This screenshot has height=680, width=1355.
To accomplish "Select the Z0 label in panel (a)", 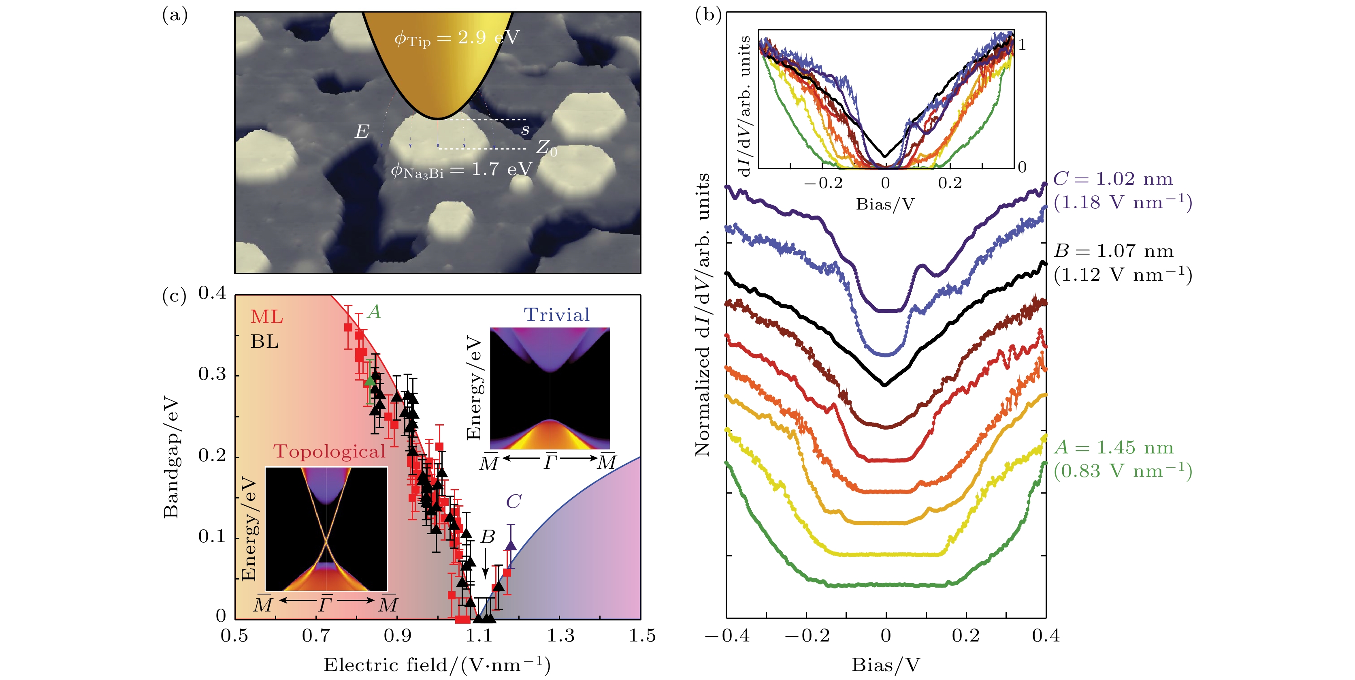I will coord(546,148).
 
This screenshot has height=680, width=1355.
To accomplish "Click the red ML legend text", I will coord(267,317).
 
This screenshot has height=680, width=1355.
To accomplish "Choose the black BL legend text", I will coord(264,342).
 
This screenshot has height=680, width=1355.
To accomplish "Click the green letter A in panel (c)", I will coord(374,312).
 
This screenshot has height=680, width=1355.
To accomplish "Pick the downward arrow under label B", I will coord(486,566).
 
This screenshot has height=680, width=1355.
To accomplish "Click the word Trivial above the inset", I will coord(556,315).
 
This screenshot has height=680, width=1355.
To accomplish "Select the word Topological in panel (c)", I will coord(329,451).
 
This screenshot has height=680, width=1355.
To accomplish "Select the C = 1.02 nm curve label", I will coord(1112,179).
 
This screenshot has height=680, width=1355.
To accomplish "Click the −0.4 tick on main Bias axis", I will coord(727,636).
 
